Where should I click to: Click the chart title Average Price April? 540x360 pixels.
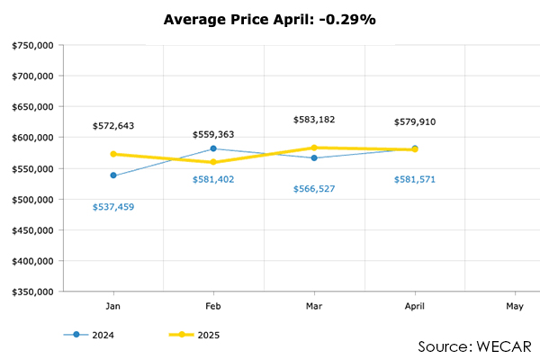269,18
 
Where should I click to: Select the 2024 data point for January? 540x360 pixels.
112,175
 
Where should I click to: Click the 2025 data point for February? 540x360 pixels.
213,162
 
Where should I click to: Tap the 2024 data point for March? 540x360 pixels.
314,157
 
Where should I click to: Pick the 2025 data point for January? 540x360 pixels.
112,154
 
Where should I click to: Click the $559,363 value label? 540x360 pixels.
213,134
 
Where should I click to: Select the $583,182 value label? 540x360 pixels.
314,119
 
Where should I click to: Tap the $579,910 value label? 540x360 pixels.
415,121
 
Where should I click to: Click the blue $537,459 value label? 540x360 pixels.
112,207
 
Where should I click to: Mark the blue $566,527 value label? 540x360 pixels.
314,189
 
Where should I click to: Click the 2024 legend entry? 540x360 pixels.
89,335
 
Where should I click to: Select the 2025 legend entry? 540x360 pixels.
194,335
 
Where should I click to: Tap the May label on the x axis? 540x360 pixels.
515,307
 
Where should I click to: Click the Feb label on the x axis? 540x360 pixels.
213,307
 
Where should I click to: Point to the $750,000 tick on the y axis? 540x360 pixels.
31,45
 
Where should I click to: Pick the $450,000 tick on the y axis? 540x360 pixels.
31,230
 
